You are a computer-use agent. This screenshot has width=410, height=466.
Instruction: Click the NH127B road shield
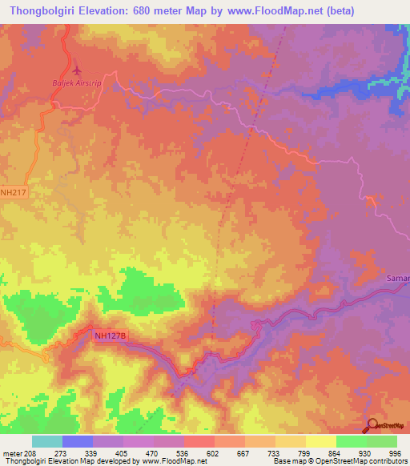[110, 336]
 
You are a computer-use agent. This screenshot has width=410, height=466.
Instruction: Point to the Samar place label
[398, 278]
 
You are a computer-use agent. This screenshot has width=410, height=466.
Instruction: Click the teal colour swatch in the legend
[46, 441]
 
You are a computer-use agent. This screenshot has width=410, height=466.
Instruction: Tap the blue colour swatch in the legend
[77, 441]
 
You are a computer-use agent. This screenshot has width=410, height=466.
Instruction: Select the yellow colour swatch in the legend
[320, 441]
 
